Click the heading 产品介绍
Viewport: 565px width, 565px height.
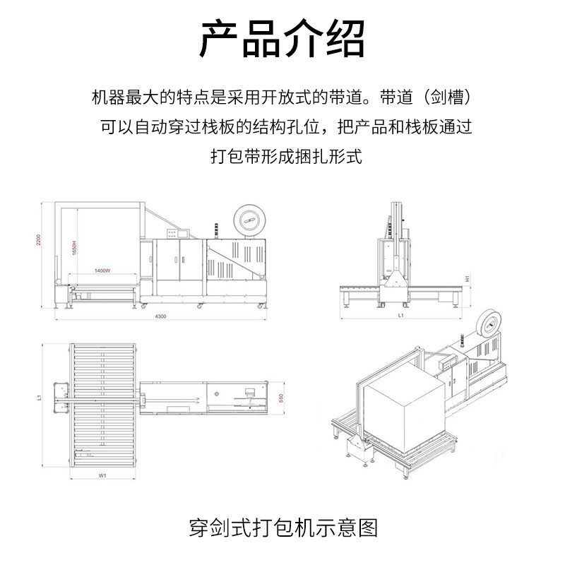282,39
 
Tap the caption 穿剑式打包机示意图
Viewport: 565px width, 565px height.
282,528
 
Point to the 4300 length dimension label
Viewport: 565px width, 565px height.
161,318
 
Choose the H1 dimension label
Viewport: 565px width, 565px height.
468,279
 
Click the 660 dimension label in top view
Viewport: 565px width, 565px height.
281,399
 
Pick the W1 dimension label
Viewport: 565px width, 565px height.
102,476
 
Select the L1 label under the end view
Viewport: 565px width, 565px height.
400,317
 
